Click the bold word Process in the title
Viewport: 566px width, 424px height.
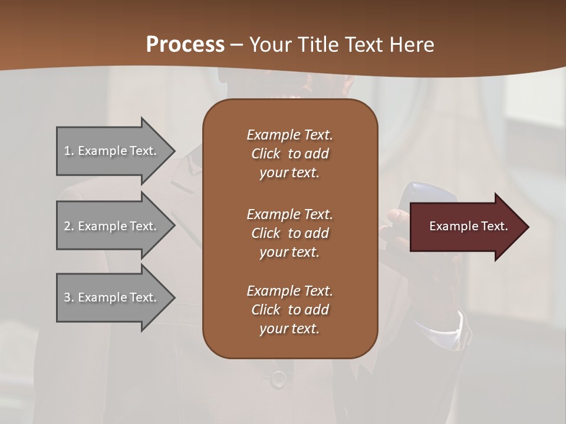[185, 45]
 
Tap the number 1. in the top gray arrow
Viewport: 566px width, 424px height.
[69, 151]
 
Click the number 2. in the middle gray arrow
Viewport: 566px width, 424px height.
[69, 226]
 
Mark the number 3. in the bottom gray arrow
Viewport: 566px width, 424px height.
[69, 297]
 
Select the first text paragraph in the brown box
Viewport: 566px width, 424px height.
[289, 154]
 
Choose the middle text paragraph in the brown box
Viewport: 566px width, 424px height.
[289, 233]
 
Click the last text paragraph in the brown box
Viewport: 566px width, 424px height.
[289, 310]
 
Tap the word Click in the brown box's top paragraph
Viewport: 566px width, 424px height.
[266, 154]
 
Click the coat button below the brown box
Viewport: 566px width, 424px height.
[279, 379]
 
